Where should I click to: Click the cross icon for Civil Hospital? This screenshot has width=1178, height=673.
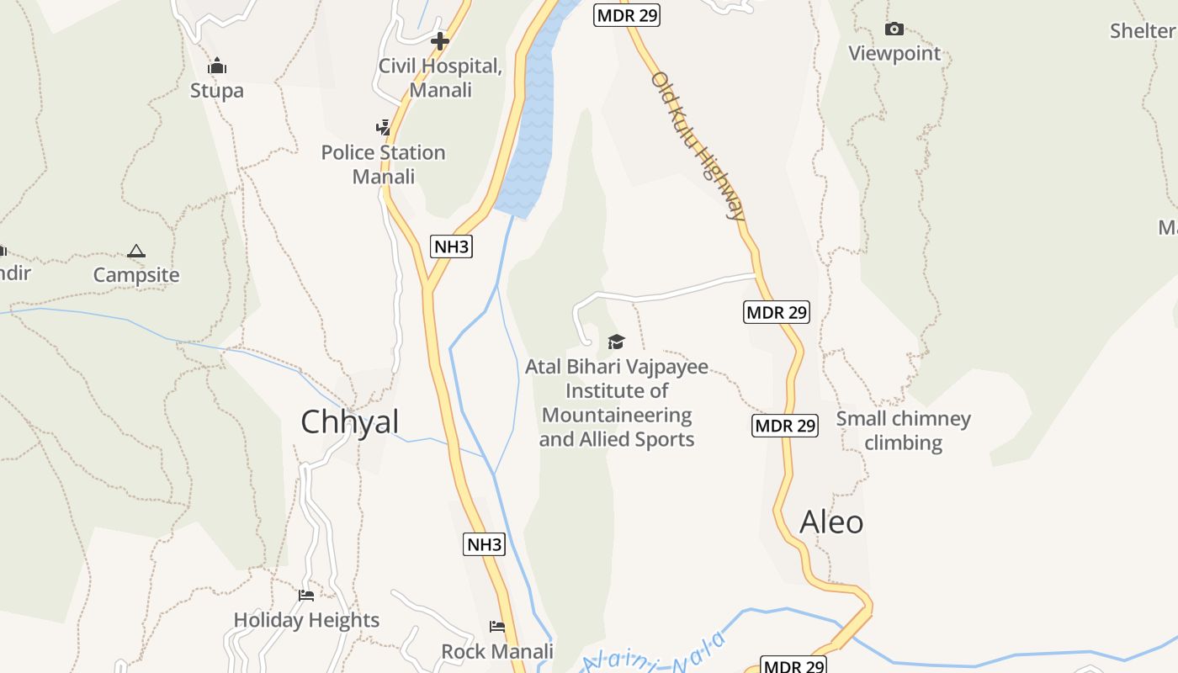tap(439, 40)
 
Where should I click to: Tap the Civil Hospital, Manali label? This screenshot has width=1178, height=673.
tap(440, 77)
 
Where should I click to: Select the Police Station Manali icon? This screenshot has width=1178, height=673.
tap(384, 128)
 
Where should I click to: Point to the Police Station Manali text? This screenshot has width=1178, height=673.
tap(384, 164)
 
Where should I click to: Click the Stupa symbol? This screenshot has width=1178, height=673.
tap(217, 66)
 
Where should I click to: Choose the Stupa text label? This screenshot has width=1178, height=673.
tap(217, 90)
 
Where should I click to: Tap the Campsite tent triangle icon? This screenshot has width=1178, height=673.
tap(136, 251)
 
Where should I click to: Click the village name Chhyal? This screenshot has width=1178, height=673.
tap(349, 422)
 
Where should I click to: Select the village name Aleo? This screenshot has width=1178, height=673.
tap(831, 522)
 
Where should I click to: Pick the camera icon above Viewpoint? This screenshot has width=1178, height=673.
tap(894, 29)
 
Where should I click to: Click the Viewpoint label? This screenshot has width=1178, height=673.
tap(894, 53)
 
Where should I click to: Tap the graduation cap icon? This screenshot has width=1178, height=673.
tap(617, 342)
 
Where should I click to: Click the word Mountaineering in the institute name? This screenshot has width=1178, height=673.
tap(617, 415)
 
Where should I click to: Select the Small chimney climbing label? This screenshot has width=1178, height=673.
tap(904, 430)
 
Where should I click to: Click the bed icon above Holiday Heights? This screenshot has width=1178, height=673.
tap(306, 596)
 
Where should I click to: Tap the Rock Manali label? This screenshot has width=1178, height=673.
tap(497, 651)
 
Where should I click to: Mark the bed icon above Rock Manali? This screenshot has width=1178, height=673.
tap(497, 627)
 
